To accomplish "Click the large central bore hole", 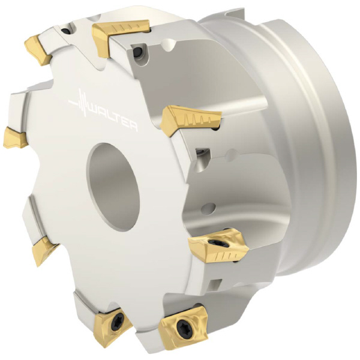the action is click(113, 187).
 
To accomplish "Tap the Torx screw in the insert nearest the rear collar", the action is click(218, 242).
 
